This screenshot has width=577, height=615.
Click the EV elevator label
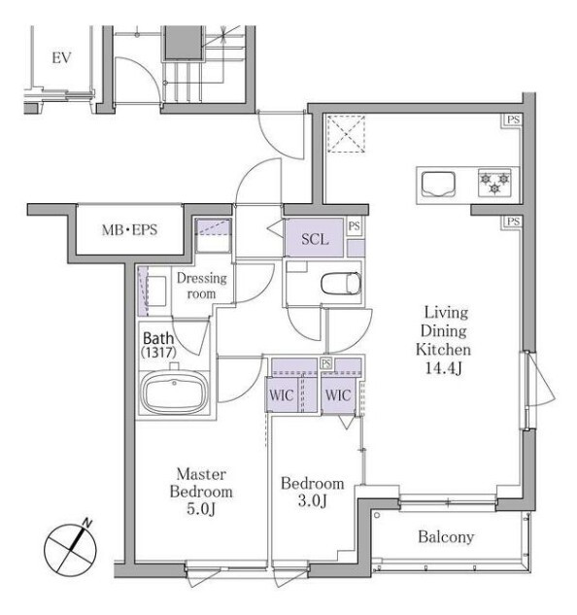pos(61,58)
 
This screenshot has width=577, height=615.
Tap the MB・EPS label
pos(129,230)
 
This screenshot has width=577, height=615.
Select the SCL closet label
pos(315,239)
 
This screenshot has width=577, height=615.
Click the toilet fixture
pos(341,283)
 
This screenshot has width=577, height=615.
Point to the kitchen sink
pos(438,185)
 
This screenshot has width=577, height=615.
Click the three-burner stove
pos(495,183)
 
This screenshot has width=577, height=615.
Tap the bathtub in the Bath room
pos(174,393)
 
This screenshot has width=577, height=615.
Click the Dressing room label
pos(202,286)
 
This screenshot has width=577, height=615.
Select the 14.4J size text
pos(443,368)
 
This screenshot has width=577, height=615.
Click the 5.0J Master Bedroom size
pos(201,509)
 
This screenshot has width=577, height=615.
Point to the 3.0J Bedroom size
pos(312,501)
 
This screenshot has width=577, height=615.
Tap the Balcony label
pos(446,537)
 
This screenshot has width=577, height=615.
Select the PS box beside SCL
pos(355,226)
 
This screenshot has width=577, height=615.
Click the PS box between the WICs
pos(325,363)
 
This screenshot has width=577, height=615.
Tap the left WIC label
pos(282,395)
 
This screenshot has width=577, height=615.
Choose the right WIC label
pos(338,395)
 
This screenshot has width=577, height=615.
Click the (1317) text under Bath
pos(158,353)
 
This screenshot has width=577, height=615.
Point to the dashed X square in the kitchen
pos(346,133)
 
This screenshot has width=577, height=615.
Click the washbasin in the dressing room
pos(155,291)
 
